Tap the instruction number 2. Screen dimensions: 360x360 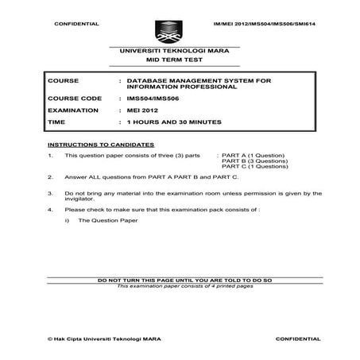(51, 179)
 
